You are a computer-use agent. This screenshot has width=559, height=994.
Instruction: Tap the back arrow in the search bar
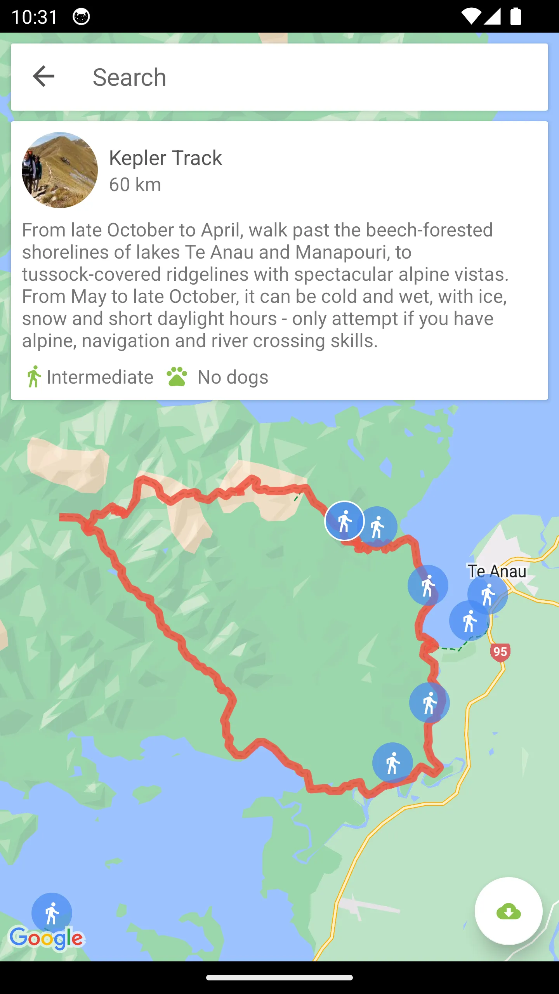(43, 76)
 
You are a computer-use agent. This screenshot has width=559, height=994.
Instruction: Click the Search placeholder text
(129, 77)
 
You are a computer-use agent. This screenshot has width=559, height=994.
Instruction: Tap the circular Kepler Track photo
(60, 170)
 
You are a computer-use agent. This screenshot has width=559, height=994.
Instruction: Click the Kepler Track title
(165, 158)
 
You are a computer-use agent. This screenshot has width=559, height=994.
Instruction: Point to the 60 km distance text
(135, 184)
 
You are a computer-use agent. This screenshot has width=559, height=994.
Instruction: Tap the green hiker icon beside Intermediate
(34, 377)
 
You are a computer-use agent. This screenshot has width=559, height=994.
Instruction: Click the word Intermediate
(100, 377)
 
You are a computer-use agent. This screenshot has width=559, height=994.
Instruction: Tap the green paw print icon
(177, 377)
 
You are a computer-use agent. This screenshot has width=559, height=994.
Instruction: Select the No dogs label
(233, 377)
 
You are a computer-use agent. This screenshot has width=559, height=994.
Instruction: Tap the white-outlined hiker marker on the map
(344, 521)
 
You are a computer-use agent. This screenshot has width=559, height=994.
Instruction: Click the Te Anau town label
(497, 571)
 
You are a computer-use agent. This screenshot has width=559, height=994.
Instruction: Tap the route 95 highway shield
(500, 652)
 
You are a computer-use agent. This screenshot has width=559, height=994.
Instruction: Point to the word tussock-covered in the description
(91, 275)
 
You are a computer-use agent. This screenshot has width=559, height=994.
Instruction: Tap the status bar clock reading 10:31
(35, 17)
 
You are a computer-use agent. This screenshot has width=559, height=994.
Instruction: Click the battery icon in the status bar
(516, 17)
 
